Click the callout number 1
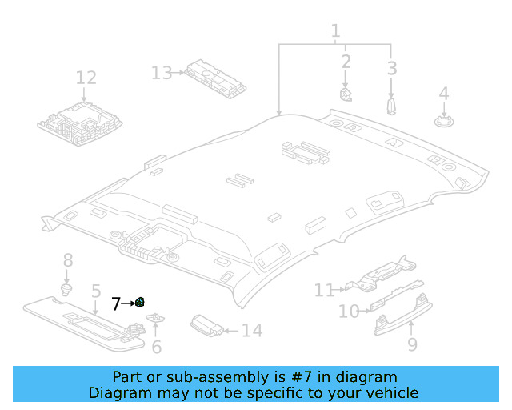point(335,32)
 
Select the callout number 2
point(346,62)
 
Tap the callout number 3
point(391,68)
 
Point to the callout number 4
point(443,94)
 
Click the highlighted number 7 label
point(116,303)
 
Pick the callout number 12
point(86,78)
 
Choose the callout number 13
point(162,74)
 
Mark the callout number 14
point(251,331)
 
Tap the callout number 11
point(324,290)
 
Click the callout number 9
point(412,344)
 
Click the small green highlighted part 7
point(139,302)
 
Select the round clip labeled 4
point(443,122)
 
